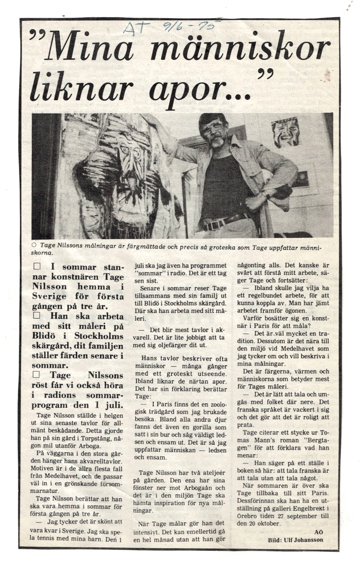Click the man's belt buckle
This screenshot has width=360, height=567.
click(x=210, y=225)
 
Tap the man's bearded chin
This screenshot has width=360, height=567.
click(x=217, y=142)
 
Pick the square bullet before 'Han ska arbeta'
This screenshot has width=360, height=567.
click(x=37, y=316)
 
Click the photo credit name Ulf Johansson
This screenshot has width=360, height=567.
click(x=309, y=540)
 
